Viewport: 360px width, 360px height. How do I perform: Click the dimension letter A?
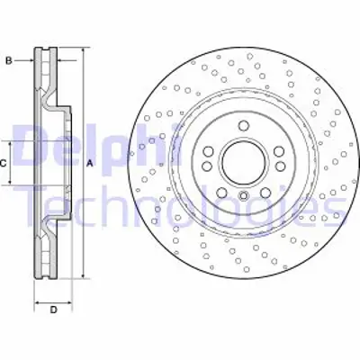[90, 163]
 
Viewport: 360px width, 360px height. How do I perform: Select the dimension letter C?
[4, 163]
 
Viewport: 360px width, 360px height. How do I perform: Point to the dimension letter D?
[53, 310]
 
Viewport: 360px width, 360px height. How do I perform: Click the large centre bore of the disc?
[243, 163]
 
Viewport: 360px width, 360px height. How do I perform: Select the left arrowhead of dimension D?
[36, 299]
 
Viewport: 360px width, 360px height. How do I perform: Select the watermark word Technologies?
[180, 209]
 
